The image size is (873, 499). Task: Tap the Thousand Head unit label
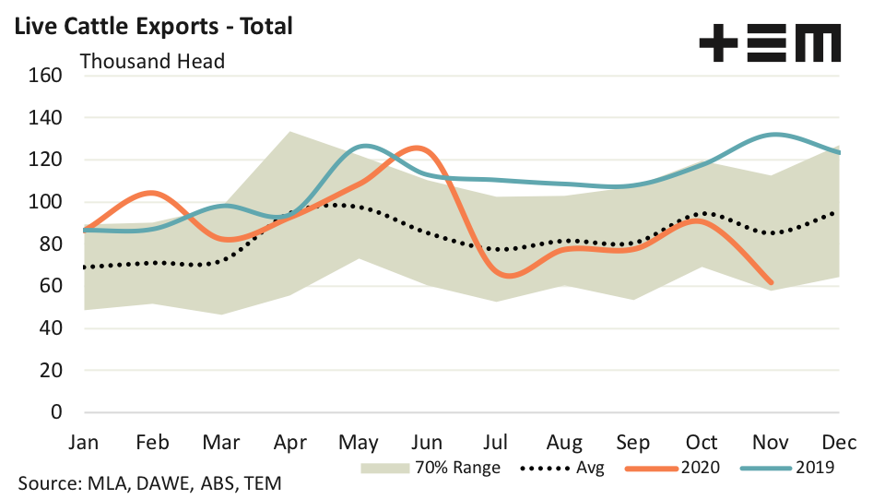click(x=152, y=61)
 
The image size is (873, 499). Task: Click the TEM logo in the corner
click(x=770, y=44)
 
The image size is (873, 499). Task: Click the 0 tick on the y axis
click(x=55, y=412)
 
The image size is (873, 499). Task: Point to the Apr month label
click(x=291, y=442)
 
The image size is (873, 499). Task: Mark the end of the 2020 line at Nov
click(x=771, y=282)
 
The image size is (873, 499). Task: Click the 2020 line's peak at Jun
click(x=419, y=148)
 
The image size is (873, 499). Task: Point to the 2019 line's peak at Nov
click(x=773, y=135)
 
